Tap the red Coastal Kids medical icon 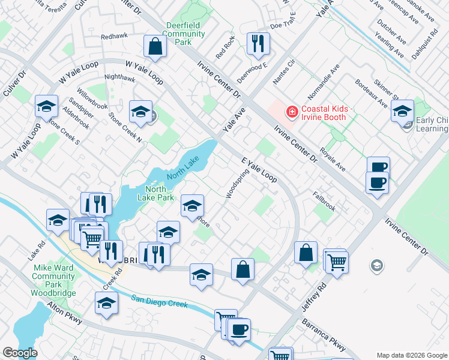click(292, 112)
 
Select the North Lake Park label click(155, 193)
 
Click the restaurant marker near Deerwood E click(259, 43)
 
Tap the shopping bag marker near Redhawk click(155, 46)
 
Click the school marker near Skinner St click(402, 110)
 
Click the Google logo click(20, 353)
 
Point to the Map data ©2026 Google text click(412, 355)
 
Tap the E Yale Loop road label click(259, 170)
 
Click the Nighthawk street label click(119, 77)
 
